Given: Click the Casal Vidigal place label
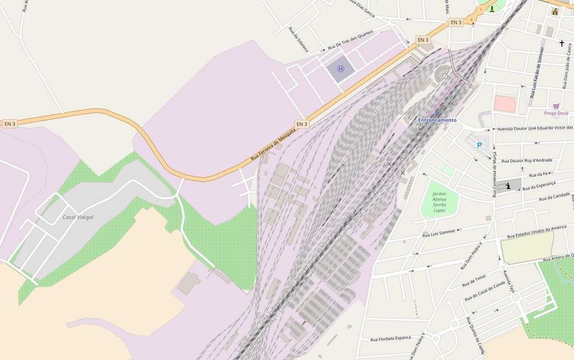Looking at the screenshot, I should pyautogui.click(x=77, y=218).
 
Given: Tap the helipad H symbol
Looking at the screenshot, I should pyautogui.click(x=341, y=69).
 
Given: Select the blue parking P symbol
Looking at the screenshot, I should pyautogui.click(x=479, y=146).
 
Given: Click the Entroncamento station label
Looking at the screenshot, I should pyautogui.click(x=437, y=120).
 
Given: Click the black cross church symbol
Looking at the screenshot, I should pyautogui.click(x=562, y=43).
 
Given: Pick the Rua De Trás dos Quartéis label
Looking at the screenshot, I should pyautogui.click(x=350, y=39).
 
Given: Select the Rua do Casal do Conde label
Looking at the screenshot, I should pyautogui.click(x=485, y=291).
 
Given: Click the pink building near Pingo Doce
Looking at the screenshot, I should pyautogui.click(x=505, y=104).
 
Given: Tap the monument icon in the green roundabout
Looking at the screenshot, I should pyautogui.click(x=492, y=8).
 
